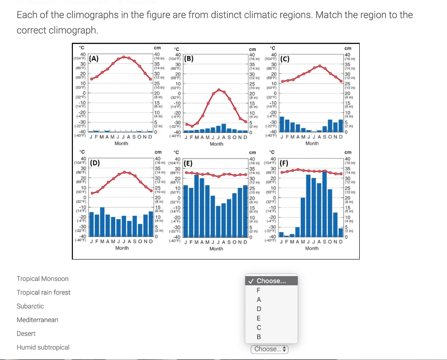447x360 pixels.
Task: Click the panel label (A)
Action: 94,59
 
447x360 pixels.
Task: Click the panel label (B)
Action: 189,59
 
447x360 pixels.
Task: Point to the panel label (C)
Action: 285,59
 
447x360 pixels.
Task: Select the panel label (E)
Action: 188,164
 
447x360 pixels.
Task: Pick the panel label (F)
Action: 285,164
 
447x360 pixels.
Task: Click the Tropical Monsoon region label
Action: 42,279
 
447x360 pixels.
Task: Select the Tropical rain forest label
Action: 43,292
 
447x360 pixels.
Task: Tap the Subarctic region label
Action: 30,306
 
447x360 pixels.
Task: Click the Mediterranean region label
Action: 37,320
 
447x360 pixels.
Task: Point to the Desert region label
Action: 26,333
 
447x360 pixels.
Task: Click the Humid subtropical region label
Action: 43,347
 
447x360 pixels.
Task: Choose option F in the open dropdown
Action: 259,290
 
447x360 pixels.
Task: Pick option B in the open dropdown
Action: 259,337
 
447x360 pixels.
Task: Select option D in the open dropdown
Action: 259,309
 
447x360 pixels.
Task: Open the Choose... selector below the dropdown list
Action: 269,349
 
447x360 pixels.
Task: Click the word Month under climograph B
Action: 217,144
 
